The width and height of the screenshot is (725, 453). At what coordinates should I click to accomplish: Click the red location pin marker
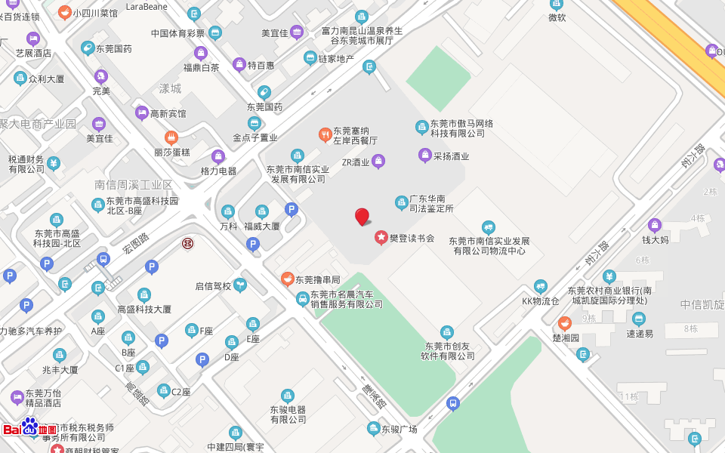[x=362, y=216]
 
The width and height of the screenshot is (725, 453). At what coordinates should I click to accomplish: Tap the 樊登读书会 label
[x=412, y=238]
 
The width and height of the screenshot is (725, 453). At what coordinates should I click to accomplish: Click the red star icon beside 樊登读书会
[x=381, y=238]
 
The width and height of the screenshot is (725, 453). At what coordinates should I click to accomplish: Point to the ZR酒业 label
[x=356, y=162]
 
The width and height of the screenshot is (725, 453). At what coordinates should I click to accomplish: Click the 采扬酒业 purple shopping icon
[x=424, y=156]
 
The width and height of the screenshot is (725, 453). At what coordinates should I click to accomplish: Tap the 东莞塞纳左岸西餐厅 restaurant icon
[x=325, y=134]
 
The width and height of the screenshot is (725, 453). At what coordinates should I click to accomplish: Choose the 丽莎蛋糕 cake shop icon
[x=171, y=137]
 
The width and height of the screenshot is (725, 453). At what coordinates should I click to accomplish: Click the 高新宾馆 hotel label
[x=168, y=113]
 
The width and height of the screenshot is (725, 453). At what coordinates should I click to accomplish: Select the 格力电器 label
[x=218, y=171]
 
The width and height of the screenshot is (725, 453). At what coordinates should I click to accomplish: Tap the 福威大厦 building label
[x=262, y=226]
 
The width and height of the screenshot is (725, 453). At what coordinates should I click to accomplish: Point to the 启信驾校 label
[x=213, y=286]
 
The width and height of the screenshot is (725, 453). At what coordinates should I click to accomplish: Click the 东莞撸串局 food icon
[x=287, y=279]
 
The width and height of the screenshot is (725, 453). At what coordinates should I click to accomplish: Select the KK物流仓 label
[x=541, y=301]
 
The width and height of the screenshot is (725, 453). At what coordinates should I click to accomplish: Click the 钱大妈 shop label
[x=655, y=240]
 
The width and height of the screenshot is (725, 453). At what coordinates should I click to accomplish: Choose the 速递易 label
[x=640, y=333]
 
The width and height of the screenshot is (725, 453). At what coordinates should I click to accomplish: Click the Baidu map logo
[x=30, y=428]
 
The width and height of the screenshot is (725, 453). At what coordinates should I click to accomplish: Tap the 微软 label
[x=557, y=17]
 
